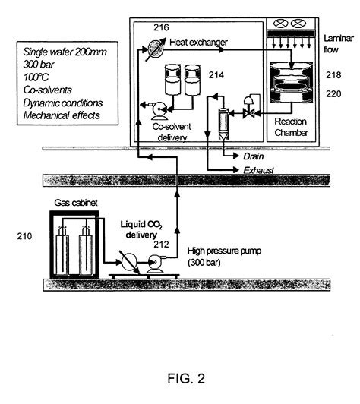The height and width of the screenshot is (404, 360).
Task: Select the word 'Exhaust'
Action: [258, 171]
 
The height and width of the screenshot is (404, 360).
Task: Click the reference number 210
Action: [25, 238]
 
